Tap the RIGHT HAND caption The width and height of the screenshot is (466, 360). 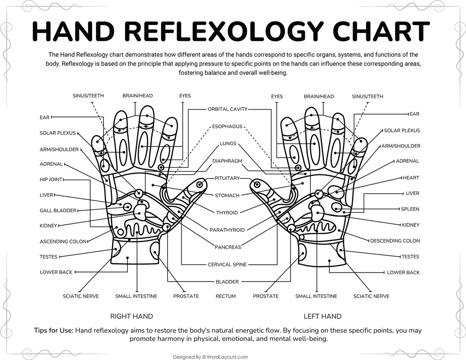(131, 316)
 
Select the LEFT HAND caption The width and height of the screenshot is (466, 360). (322, 316)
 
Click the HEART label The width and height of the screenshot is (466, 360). (411, 178)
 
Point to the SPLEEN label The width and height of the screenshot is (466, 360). (410, 209)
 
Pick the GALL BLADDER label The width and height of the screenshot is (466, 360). (58, 210)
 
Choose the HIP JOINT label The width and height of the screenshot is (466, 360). (51, 180)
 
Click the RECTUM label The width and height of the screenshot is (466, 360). (226, 296)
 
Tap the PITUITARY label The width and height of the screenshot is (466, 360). (227, 178)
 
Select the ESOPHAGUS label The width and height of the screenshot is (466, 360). (227, 127)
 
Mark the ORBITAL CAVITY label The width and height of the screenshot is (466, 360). (227, 109)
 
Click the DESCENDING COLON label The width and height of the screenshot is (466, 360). (395, 241)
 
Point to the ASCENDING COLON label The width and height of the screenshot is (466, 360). (63, 241)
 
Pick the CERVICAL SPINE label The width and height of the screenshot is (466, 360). (227, 265)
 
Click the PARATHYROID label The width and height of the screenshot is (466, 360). (227, 230)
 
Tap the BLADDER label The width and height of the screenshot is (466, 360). (227, 282)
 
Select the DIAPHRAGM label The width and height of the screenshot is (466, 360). (227, 161)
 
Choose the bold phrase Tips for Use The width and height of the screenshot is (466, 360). (53, 330)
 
